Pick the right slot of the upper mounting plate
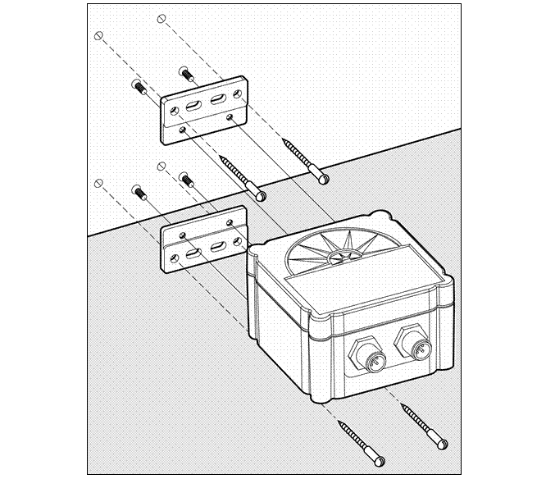(x=219, y=100)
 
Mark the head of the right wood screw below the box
(x=443, y=444)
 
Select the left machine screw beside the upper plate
(x=137, y=85)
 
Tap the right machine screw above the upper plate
(x=187, y=74)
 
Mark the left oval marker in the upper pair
(x=99, y=36)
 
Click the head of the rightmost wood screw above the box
(x=325, y=176)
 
